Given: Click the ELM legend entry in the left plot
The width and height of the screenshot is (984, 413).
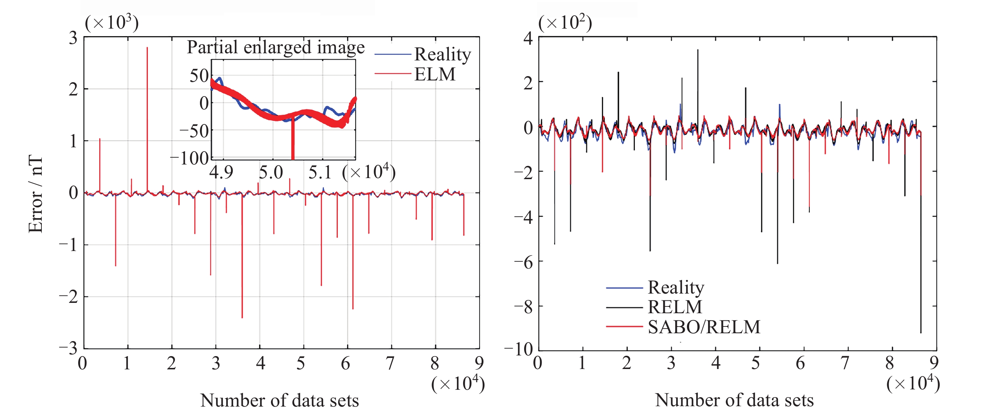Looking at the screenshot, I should click(x=435, y=74).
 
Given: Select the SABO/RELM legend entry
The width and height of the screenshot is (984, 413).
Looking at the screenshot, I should click(x=704, y=327).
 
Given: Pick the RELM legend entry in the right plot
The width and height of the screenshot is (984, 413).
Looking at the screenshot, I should click(x=674, y=307).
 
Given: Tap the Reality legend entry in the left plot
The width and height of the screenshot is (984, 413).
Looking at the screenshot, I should click(x=442, y=54).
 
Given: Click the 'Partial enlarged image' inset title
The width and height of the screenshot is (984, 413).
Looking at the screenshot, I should click(x=275, y=48).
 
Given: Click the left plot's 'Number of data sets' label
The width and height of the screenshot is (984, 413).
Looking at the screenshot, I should click(x=279, y=400).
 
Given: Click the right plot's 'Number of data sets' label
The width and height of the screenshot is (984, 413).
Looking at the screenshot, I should click(x=734, y=400).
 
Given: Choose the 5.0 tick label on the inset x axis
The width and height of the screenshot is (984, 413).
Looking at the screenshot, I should click(x=271, y=173).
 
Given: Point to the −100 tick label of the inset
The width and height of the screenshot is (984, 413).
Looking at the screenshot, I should click(x=190, y=158).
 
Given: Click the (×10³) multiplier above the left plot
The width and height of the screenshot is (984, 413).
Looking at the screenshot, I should click(x=111, y=22).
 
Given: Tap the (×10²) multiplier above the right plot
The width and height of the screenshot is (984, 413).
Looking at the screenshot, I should click(x=565, y=22).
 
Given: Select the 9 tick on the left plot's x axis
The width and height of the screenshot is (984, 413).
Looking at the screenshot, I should click(x=479, y=363).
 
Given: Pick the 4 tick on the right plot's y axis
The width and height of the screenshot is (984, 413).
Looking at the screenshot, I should click(x=528, y=38).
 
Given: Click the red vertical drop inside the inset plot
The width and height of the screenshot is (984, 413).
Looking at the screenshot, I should click(x=293, y=139).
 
